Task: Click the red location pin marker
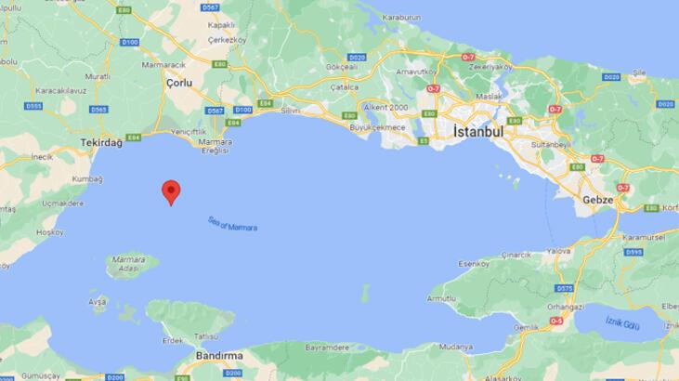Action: click(171, 190)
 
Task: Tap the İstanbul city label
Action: click(478, 132)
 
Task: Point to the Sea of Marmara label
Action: click(233, 224)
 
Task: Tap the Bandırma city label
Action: click(219, 355)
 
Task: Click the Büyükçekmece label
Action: click(376, 126)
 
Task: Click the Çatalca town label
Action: click(345, 85)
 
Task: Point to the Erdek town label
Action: click(174, 340)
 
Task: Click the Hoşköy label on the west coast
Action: click(48, 233)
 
